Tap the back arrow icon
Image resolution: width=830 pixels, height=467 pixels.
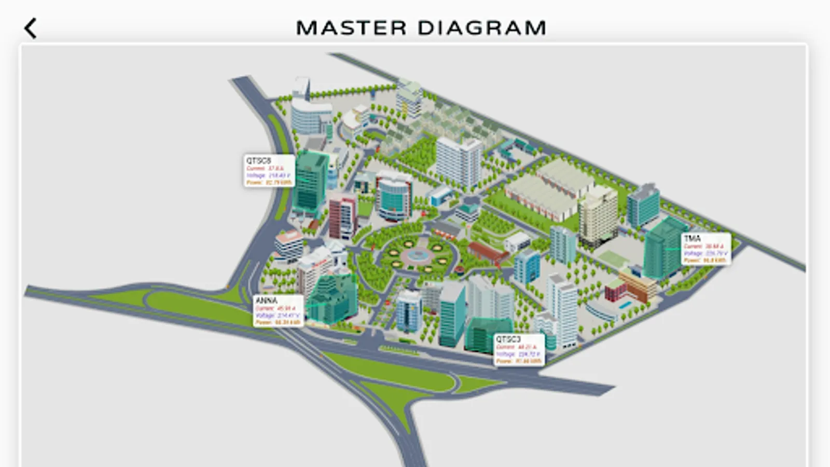(x=31, y=29)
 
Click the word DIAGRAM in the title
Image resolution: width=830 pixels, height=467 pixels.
(x=482, y=28)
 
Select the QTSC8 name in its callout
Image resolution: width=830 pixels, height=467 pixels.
(x=258, y=161)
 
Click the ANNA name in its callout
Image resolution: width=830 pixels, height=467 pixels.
(x=267, y=300)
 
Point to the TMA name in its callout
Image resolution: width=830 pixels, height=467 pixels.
(x=693, y=238)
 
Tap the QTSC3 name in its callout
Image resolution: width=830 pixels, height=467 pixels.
(x=508, y=339)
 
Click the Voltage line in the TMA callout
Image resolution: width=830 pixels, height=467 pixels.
(x=705, y=253)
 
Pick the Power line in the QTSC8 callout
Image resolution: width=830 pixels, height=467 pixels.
(x=269, y=183)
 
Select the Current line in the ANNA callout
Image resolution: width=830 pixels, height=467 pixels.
(x=275, y=308)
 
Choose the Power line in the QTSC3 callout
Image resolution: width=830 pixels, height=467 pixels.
(x=518, y=361)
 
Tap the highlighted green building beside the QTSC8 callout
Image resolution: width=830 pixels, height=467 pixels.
(x=311, y=182)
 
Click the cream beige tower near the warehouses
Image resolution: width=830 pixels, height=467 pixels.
(x=598, y=215)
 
